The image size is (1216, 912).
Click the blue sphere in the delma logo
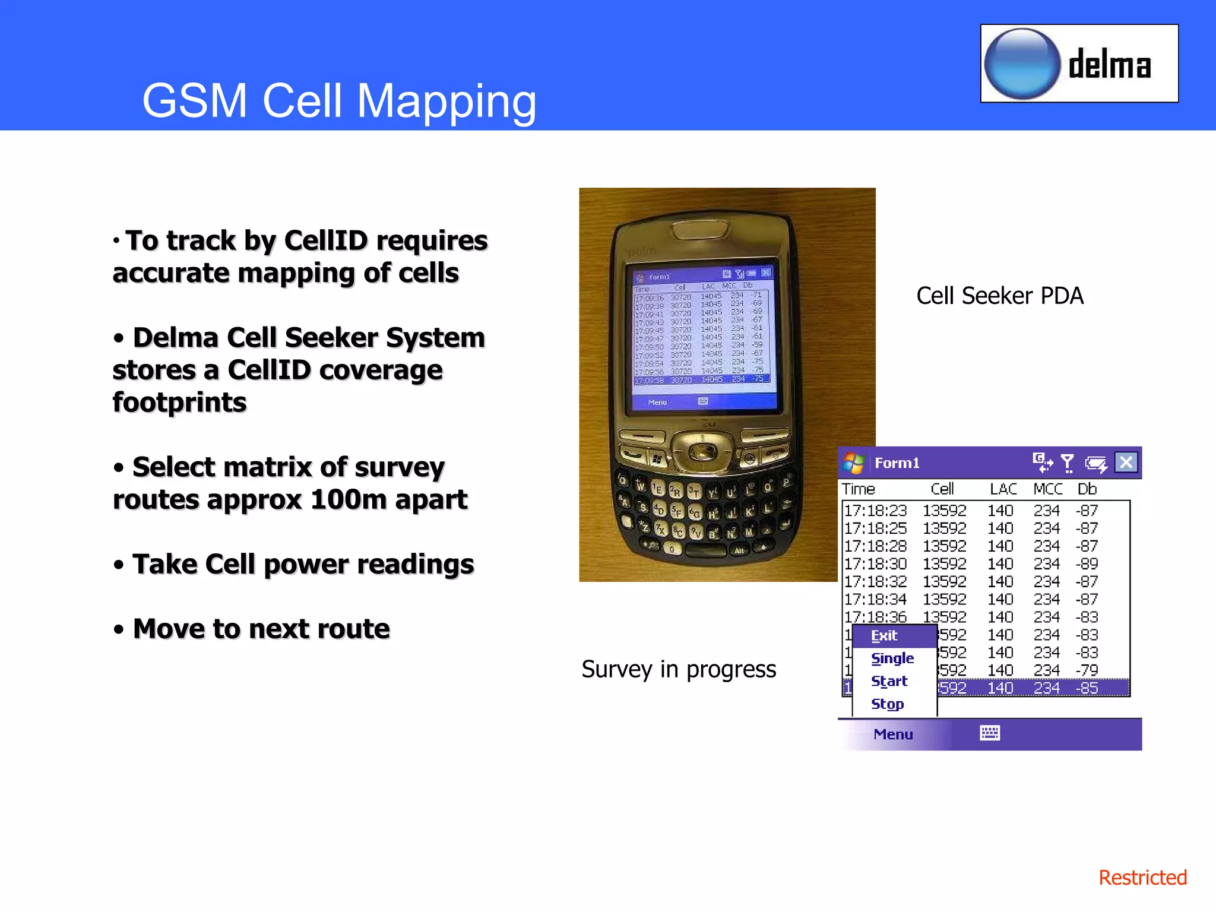coord(1022,64)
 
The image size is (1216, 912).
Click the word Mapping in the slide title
coord(446,101)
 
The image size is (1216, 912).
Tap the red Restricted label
coord(1142,878)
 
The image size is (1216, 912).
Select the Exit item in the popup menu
coord(884,636)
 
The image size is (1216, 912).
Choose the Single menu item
coord(892,658)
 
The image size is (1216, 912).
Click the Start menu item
coord(889,681)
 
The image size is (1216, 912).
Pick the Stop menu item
coord(887,704)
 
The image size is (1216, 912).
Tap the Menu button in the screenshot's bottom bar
coord(893,734)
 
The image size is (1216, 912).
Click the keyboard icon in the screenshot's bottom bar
coord(989,733)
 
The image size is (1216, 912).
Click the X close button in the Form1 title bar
coord(1126,463)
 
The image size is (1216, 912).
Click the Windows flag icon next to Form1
coord(854,463)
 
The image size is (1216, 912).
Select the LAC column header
coord(1003,489)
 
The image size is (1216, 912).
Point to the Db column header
coord(1087,489)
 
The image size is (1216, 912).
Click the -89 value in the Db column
coord(1087,563)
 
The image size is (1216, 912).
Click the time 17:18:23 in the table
coord(875,511)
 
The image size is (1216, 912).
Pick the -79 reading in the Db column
coord(1087,670)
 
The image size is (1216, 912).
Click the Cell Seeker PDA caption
coord(999,296)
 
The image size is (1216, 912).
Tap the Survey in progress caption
coord(678,669)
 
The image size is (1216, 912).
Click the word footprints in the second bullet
coord(179,403)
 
